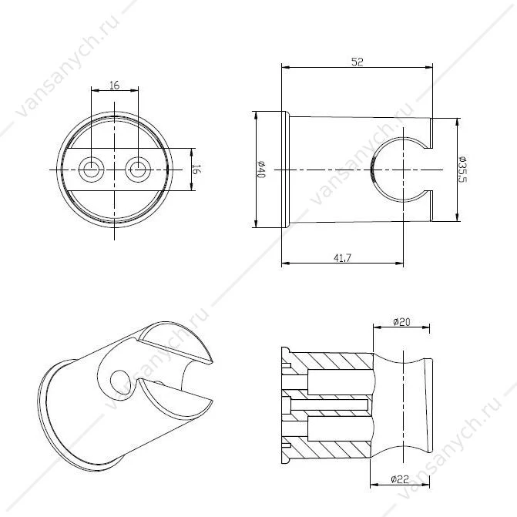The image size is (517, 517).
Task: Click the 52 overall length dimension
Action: click(x=357, y=62)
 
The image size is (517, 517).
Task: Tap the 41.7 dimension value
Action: click(x=342, y=257)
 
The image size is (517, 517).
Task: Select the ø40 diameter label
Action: click(x=260, y=170)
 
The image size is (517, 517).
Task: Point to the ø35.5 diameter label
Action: click(x=463, y=170)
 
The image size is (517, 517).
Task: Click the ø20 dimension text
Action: click(x=401, y=321)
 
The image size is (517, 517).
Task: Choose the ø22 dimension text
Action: click(x=400, y=478)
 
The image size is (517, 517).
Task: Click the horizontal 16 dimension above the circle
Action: click(x=114, y=86)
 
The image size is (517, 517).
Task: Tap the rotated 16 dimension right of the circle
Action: click(x=196, y=170)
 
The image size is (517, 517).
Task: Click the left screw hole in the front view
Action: click(x=92, y=170)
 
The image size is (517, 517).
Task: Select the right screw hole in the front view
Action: click(x=138, y=170)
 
